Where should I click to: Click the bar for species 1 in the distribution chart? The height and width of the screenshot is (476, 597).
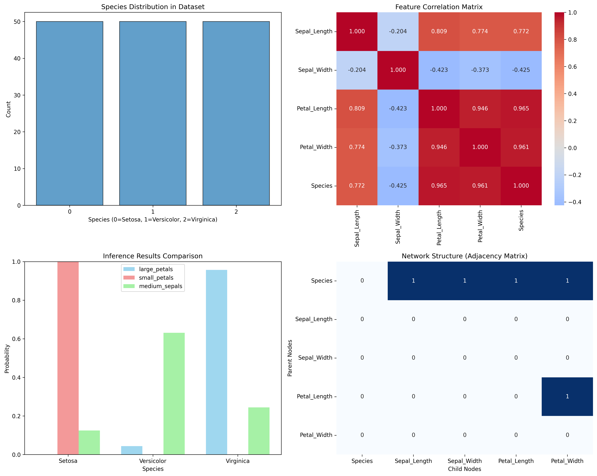pos(153,113)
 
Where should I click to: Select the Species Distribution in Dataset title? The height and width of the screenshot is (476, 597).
pos(153,7)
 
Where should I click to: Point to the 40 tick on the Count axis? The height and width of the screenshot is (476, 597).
pos(17,58)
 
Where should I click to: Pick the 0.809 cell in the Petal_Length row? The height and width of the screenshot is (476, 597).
pos(357,109)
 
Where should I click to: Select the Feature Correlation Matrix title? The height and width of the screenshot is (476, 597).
pos(439,7)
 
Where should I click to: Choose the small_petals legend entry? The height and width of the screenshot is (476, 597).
pos(156,278)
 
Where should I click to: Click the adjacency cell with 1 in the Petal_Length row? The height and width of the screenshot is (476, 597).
pos(567,396)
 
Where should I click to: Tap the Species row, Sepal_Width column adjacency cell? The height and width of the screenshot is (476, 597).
pos(465,281)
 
